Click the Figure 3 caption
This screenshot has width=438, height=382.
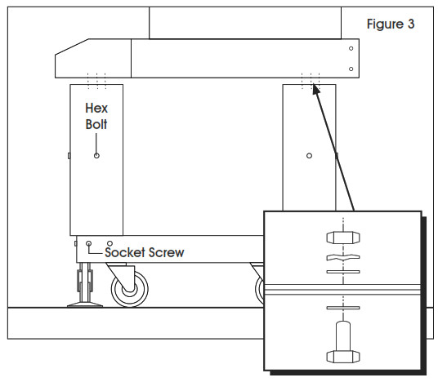click(390, 24)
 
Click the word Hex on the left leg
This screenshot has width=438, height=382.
click(96, 108)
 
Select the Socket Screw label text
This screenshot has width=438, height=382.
click(145, 252)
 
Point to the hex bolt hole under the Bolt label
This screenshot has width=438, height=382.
click(96, 155)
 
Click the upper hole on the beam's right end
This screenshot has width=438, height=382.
click(351, 49)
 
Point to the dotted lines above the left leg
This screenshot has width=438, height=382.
click(96, 79)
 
